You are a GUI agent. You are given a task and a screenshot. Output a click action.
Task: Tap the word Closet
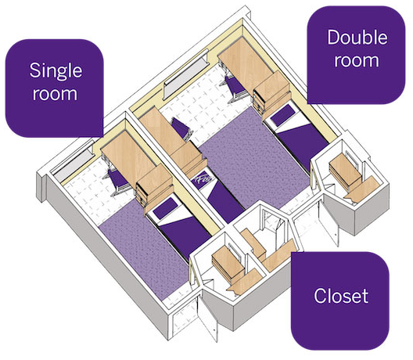point(340,297)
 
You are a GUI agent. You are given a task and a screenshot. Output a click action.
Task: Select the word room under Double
point(354,60)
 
